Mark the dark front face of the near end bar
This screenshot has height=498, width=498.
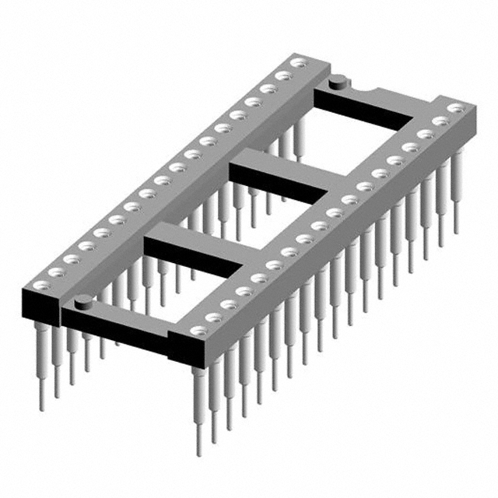pos(117,331)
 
